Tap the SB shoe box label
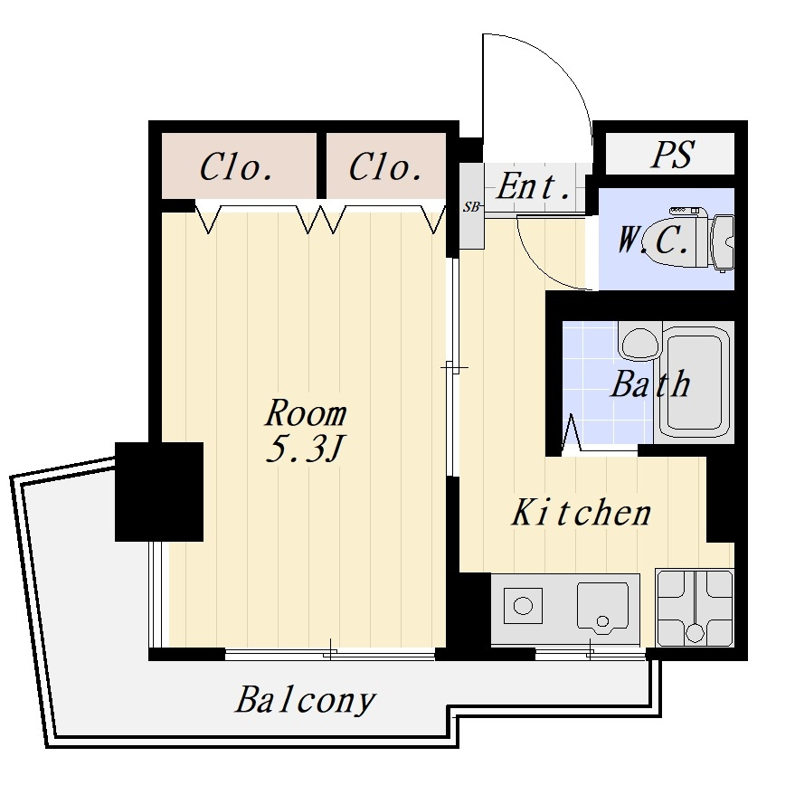[471, 207]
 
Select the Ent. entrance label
[533, 186]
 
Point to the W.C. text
[653, 240]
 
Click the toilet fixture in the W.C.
[702, 240]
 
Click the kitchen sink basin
[602, 607]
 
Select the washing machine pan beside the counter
[695, 608]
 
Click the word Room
[306, 414]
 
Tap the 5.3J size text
[305, 449]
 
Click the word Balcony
[305, 701]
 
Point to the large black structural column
[159, 492]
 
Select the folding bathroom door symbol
[571, 432]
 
